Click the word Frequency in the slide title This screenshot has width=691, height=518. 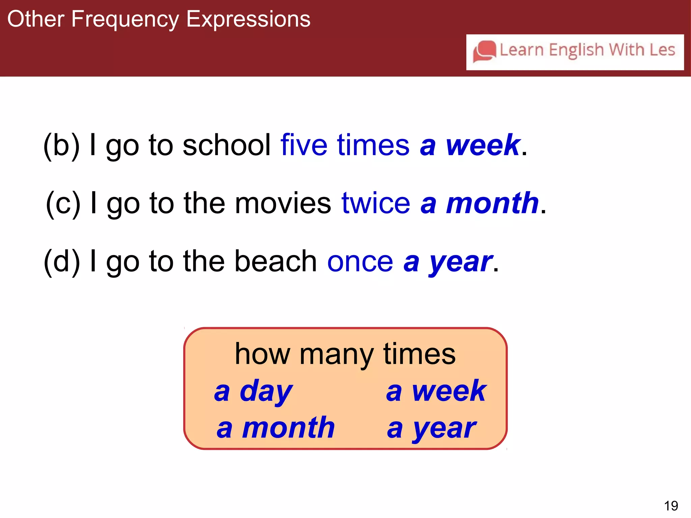pos(125,20)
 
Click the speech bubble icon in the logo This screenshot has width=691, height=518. pos(485,51)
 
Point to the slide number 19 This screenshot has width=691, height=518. pos(671,506)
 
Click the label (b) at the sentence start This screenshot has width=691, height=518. pos(62,145)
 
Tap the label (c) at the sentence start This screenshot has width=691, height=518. pos(63,203)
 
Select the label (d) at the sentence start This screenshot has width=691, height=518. pos(62,262)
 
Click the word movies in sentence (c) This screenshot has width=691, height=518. pos(283,203)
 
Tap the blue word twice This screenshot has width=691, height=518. pos(376,203)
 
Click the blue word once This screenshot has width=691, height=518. pos(360,262)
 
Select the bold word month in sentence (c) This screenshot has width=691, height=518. pos(492,203)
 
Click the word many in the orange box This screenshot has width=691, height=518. pos(336,355)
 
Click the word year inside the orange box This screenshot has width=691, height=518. pos(445,429)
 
